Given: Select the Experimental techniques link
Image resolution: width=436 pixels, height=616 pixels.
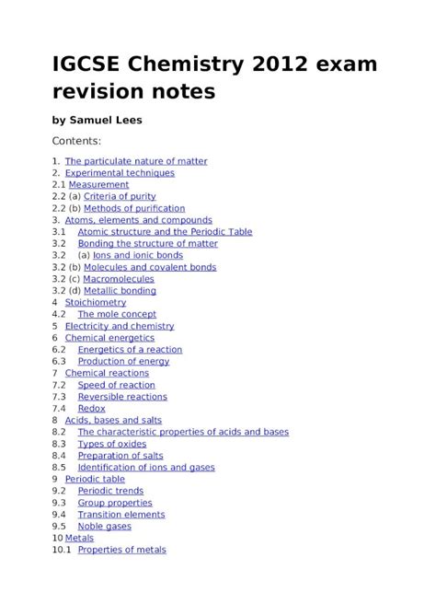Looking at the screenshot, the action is click(120, 172).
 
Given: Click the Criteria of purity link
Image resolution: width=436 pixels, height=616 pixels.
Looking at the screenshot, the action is click(120, 196).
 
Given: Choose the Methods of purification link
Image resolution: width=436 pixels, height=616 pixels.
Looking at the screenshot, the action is click(134, 208).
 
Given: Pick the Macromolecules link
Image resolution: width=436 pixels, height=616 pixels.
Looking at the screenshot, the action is click(119, 279).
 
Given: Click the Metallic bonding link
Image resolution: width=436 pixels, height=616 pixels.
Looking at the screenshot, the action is click(120, 291).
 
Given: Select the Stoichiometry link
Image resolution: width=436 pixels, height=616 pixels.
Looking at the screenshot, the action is click(96, 302).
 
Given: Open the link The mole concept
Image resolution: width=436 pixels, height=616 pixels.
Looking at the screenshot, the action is click(117, 314).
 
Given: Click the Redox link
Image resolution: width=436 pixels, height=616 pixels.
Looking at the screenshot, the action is click(91, 408).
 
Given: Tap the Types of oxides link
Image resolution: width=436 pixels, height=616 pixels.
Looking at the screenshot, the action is click(112, 444).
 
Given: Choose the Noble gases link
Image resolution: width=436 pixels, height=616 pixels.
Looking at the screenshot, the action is click(105, 527).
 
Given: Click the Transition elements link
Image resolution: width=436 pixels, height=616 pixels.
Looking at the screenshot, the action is click(121, 515).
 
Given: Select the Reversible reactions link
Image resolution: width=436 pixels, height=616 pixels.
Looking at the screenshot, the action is click(122, 397).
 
